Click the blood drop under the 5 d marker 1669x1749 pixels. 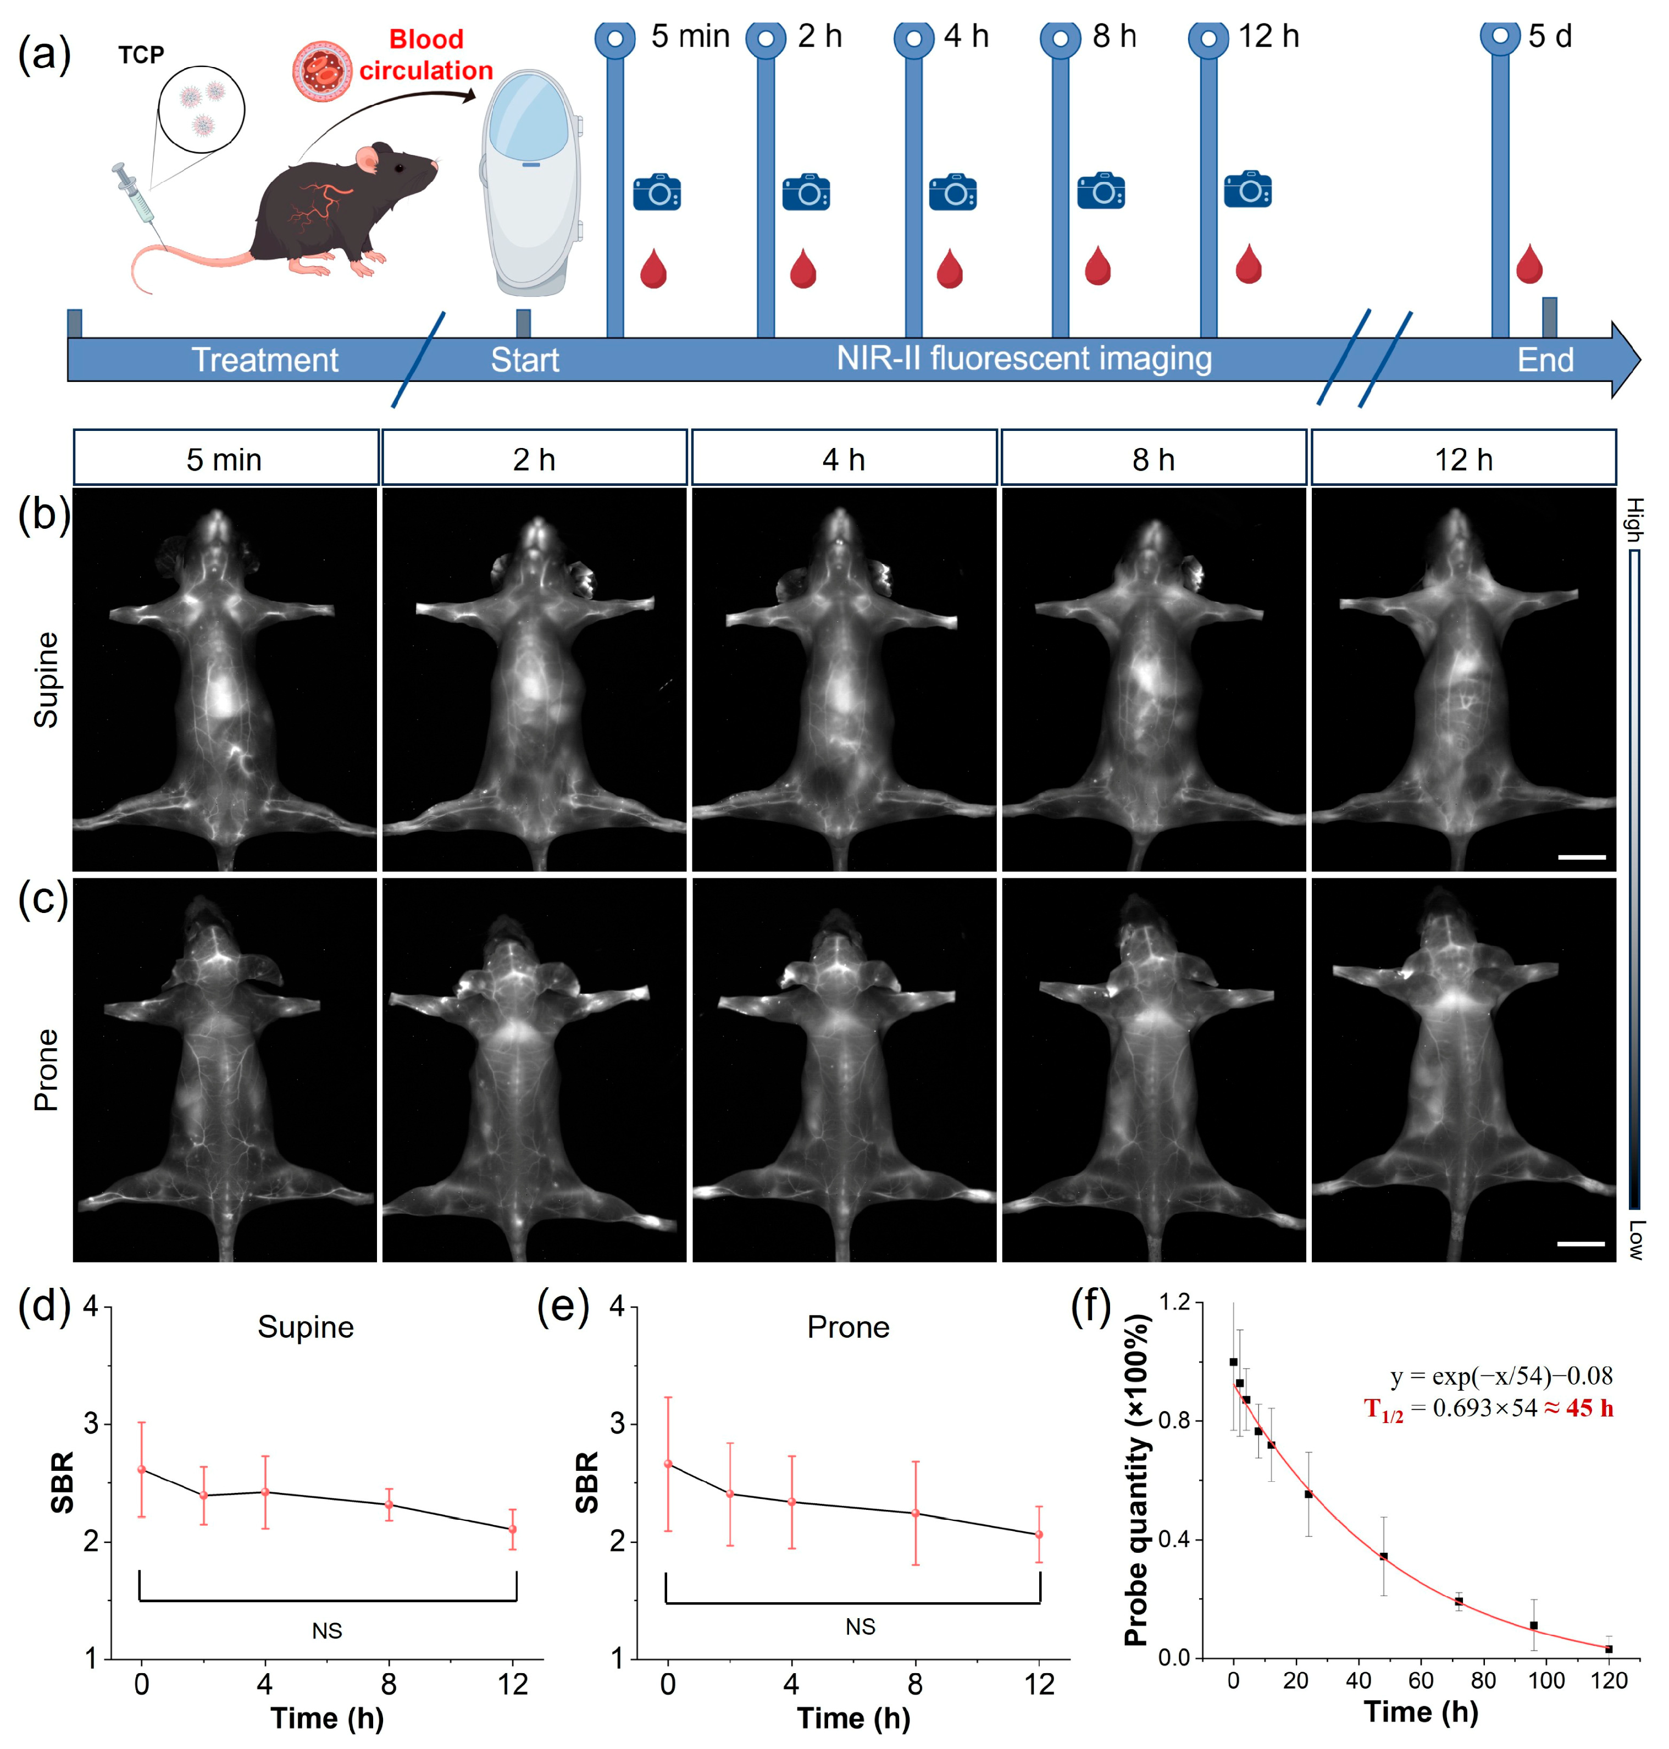pos(1528,264)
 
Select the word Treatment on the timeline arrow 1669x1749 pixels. pos(265,359)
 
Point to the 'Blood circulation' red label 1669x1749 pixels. pos(426,55)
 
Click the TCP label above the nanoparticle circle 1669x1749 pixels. pos(141,55)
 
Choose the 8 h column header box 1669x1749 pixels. pos(1153,458)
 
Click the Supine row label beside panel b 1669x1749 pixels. pos(46,680)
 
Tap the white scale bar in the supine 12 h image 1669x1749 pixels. pos(1581,857)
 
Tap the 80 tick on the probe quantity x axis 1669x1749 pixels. pos(1483,1680)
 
